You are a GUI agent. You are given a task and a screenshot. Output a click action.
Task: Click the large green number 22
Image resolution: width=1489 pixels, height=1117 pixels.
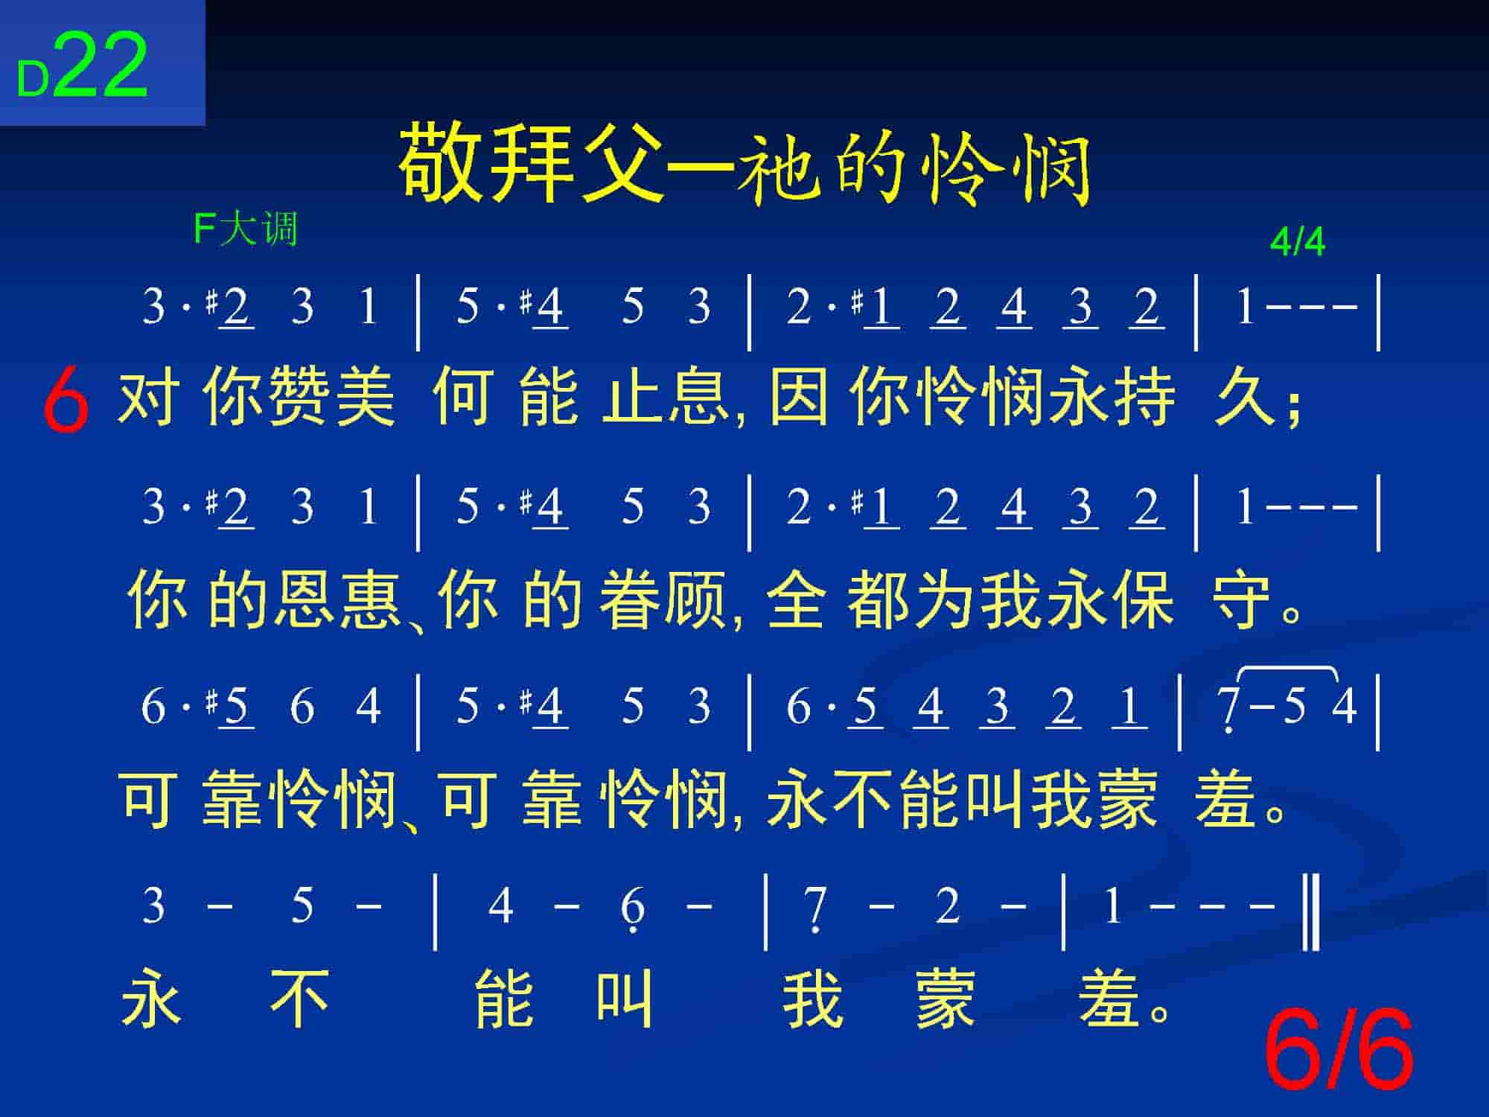pyautogui.click(x=101, y=66)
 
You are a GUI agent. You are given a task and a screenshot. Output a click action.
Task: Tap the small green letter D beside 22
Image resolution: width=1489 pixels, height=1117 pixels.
pyautogui.click(x=33, y=80)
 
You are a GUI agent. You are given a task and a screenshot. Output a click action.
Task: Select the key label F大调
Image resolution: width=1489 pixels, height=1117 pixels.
pyautogui.click(x=246, y=229)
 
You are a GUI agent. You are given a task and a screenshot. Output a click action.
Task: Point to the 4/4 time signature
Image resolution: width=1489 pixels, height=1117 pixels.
pyautogui.click(x=1298, y=242)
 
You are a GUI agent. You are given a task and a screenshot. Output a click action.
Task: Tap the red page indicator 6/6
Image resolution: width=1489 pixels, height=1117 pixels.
pyautogui.click(x=1339, y=1049)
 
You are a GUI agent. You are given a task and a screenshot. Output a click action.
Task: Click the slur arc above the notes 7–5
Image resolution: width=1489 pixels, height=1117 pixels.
pyautogui.click(x=1288, y=671)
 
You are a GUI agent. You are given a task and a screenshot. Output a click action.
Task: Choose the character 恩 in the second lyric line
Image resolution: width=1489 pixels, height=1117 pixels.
pyautogui.click(x=307, y=600)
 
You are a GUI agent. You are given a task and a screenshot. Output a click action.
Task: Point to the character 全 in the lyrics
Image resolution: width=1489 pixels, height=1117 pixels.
pyautogui.click(x=797, y=600)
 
